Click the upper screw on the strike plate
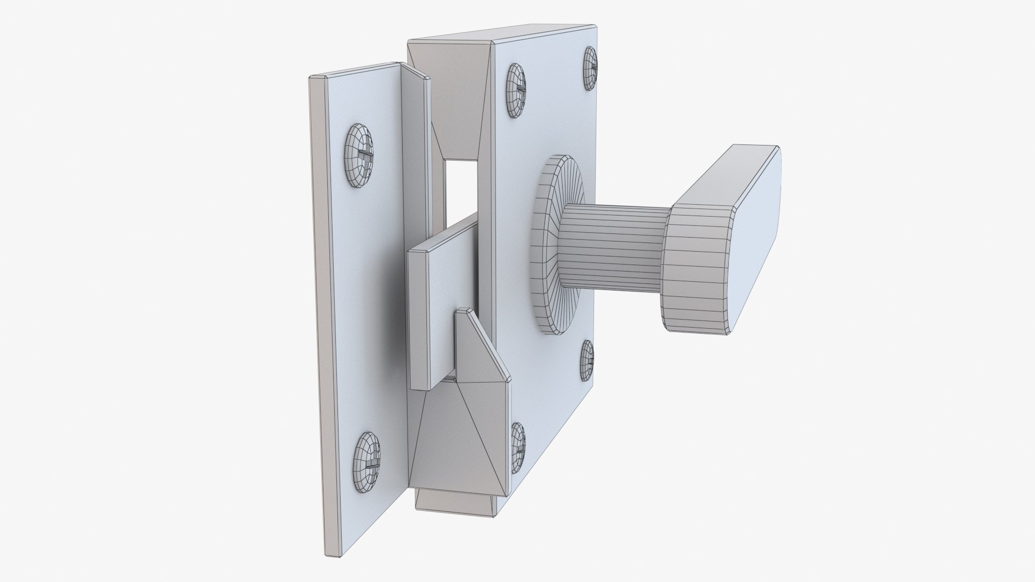[x=357, y=156]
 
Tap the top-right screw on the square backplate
[x=590, y=68]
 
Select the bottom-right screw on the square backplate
[x=586, y=361]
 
